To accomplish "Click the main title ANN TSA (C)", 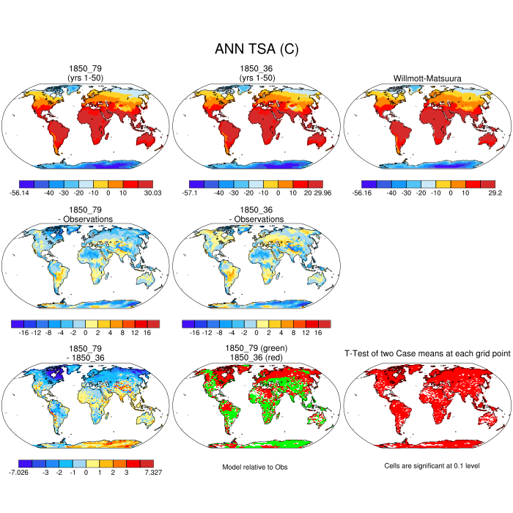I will pyautogui.click(x=256, y=49).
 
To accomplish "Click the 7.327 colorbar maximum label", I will pyautogui.click(x=152, y=473).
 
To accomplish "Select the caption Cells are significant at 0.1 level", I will pyautogui.click(x=427, y=466).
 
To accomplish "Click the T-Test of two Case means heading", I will pyautogui.click(x=427, y=354).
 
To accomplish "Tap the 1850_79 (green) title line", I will pyautogui.click(x=256, y=348).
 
